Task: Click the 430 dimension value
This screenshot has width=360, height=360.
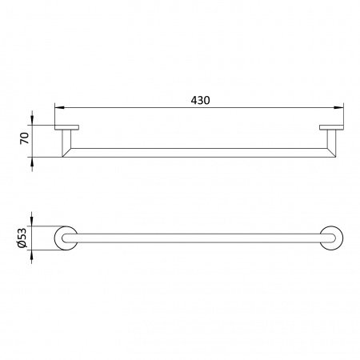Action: pos(200,100)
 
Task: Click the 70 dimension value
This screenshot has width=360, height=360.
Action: pos(25,138)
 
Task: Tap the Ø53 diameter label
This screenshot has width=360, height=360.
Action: pos(22,238)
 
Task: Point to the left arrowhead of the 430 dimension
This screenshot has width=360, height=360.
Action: pos(59,108)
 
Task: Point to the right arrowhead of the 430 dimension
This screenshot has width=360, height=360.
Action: pos(338,108)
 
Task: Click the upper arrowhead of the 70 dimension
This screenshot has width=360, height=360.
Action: pos(32,120)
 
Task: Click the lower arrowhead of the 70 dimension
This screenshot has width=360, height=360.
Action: pos(32,162)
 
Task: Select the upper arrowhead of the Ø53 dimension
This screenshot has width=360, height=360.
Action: pos(32,222)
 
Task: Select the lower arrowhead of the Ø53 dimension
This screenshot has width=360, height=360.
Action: pos(32,255)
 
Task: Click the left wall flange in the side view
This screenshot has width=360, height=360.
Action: pos(66,127)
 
